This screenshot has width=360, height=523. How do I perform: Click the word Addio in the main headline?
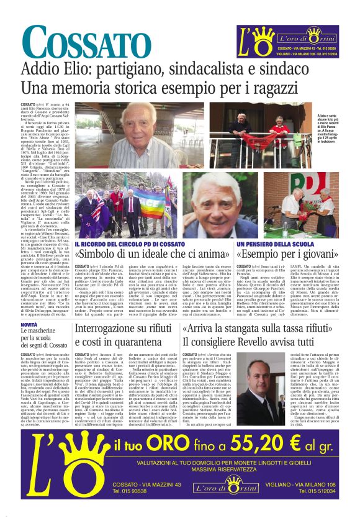click(x=44, y=70)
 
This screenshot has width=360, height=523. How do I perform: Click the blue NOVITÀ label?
click(x=29, y=325)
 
